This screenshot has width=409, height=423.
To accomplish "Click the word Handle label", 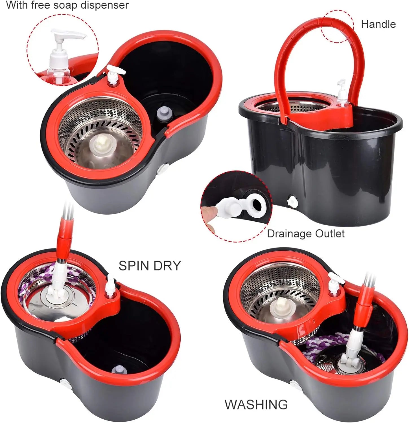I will tap(378, 24).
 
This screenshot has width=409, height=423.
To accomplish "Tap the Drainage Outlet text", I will tap(306, 233).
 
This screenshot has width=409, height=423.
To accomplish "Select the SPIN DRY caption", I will tap(149, 266).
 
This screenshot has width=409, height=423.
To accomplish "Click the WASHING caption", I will tap(256, 404).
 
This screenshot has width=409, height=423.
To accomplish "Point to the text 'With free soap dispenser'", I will tap(67, 5).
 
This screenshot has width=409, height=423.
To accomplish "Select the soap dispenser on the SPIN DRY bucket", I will tap(110, 287).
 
